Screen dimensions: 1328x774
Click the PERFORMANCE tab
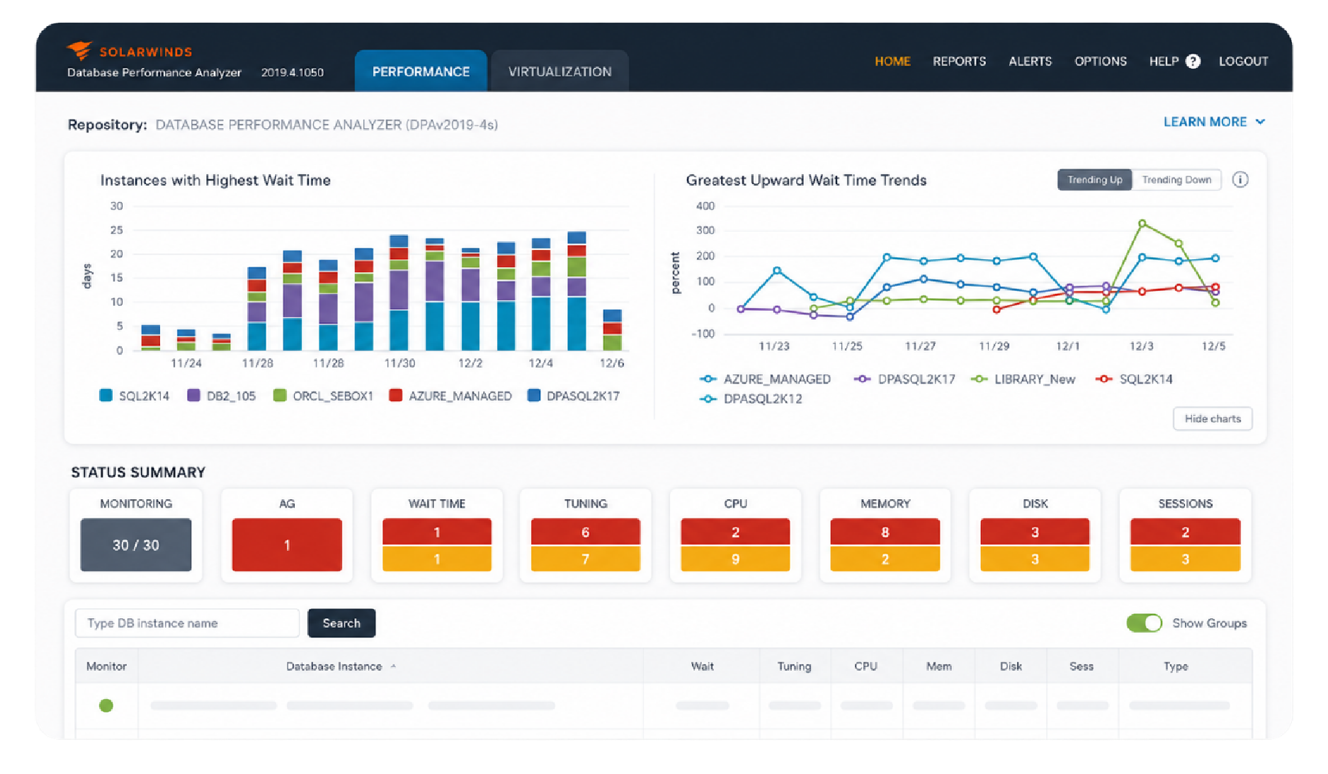tap(421, 71)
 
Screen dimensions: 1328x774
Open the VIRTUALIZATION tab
tap(560, 71)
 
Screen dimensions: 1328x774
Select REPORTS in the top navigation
tap(959, 62)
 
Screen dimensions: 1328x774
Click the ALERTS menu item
tap(1030, 62)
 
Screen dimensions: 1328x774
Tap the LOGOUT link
tap(1243, 62)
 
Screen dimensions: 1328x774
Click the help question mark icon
tap(1193, 62)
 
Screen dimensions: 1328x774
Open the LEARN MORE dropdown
tap(1214, 122)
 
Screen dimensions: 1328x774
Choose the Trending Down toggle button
tap(1176, 180)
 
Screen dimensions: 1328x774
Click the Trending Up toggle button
tap(1095, 180)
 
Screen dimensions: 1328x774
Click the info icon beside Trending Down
tap(1240, 180)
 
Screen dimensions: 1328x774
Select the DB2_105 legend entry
tap(221, 396)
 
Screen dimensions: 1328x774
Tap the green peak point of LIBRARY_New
tap(1142, 224)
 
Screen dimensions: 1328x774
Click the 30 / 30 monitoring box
tap(136, 545)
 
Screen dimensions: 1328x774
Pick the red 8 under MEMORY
tap(885, 532)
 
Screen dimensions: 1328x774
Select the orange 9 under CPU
tap(735, 559)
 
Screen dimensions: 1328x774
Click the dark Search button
tap(341, 623)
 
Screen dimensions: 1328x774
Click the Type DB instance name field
tap(188, 623)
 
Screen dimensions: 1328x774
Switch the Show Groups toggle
tap(1144, 623)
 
